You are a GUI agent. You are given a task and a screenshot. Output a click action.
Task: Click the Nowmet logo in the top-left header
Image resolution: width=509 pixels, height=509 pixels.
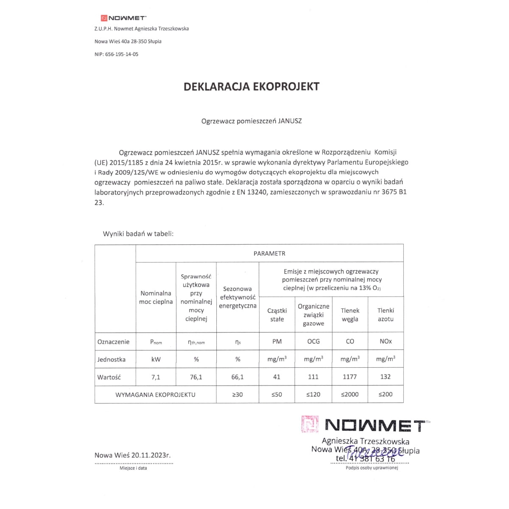click(x=123, y=18)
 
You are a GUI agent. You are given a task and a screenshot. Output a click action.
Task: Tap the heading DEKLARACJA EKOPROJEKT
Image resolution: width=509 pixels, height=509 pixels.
click(x=251, y=87)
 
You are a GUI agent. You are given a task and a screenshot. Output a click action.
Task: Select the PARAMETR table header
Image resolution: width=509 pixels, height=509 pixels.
click(x=269, y=254)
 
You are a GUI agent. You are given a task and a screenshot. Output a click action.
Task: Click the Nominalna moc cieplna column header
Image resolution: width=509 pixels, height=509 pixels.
click(x=156, y=297)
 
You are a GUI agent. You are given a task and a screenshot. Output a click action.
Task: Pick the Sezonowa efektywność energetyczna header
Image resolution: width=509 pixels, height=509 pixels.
click(x=238, y=297)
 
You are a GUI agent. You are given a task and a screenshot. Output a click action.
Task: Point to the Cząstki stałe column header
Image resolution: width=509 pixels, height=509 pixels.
click(x=277, y=315)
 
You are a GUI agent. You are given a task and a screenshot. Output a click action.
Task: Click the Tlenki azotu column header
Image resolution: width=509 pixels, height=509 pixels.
click(x=386, y=315)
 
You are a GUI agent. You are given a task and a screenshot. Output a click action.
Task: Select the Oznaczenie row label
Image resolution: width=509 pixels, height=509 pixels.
click(x=113, y=342)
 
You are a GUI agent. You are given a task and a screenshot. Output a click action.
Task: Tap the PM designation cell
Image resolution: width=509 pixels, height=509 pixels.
click(x=277, y=341)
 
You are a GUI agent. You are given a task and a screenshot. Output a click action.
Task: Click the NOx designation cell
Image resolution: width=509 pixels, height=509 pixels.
click(x=386, y=341)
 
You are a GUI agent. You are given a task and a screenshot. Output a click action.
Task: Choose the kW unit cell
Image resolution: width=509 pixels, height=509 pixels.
click(x=156, y=359)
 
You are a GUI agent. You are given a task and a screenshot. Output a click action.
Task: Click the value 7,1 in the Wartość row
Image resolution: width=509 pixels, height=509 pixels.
click(x=156, y=377)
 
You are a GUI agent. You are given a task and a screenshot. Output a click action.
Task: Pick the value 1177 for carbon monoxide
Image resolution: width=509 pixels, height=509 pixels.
click(x=350, y=377)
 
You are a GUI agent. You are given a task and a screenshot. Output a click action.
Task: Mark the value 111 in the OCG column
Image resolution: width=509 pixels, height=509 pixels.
click(x=313, y=377)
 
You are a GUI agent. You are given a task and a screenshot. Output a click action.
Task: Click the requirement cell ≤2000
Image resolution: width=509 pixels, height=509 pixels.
click(x=350, y=394)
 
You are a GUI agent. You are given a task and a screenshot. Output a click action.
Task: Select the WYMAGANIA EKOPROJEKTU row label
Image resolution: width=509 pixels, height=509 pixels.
click(x=155, y=394)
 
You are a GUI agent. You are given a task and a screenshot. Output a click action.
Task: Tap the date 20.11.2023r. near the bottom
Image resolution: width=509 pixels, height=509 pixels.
click(x=151, y=455)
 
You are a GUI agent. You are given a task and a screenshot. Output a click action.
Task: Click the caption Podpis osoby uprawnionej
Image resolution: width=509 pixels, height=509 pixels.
click(x=372, y=468)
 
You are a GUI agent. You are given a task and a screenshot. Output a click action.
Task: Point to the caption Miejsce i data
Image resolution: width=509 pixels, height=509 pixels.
click(x=133, y=468)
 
